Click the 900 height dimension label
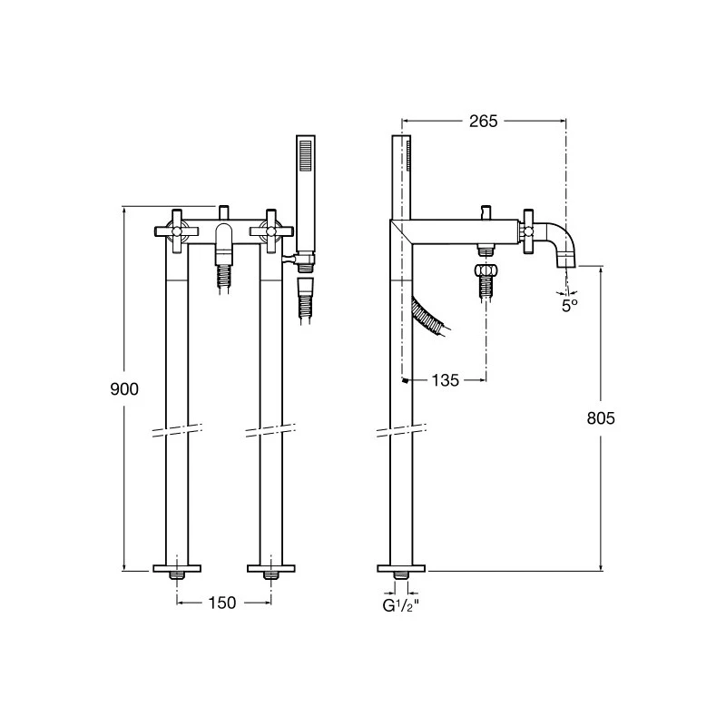click(x=124, y=389)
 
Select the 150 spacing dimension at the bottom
click(x=223, y=603)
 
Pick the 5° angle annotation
click(x=569, y=307)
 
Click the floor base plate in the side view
click(x=400, y=569)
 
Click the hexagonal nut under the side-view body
click(x=486, y=270)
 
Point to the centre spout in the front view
click(x=223, y=240)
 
